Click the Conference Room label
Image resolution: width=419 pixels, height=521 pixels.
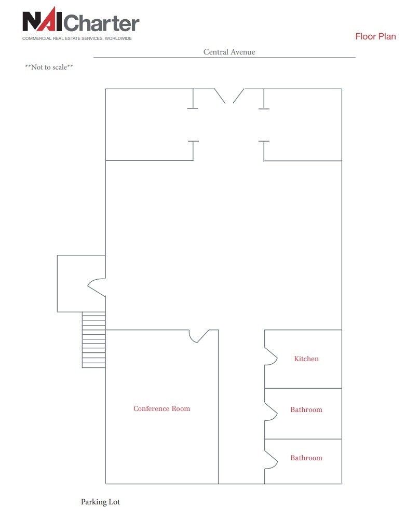[161, 409]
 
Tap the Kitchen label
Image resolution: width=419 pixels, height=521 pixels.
[306, 359]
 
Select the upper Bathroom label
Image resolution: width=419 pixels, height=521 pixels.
[306, 410]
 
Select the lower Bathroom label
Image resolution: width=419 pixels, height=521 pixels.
[306, 458]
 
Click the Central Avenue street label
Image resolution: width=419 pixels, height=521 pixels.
[229, 52]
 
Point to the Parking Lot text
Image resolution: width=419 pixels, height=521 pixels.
[100, 502]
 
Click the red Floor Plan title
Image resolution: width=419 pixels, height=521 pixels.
[375, 36]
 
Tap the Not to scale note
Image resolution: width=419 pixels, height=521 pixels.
[49, 67]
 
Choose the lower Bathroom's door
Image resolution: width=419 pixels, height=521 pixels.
[271, 459]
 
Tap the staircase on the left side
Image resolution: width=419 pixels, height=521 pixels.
[94, 340]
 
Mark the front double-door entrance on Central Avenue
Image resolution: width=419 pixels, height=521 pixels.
[229, 95]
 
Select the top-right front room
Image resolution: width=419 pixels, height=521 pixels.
[303, 125]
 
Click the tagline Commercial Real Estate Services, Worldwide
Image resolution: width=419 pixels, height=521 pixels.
[77, 38]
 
